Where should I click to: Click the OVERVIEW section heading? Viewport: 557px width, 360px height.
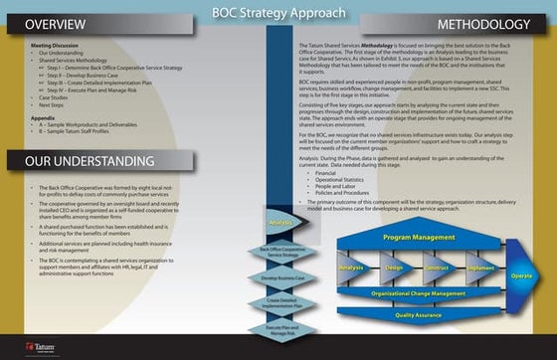56,24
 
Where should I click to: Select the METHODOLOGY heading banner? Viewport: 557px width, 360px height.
482,24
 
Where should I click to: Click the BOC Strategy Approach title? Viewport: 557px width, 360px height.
279,14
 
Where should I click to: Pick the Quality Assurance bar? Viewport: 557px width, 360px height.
418,314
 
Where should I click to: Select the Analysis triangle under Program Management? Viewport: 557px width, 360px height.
350,268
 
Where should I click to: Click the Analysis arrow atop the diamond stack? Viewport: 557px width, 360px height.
281,223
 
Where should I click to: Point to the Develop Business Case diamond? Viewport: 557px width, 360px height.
281,279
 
